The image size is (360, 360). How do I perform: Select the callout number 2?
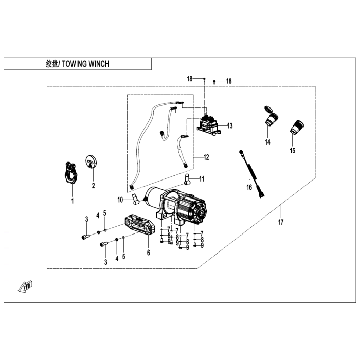(94, 185)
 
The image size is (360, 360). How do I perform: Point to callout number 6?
(148, 253)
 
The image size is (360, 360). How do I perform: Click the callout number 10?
(120, 200)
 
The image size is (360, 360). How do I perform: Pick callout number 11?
(202, 179)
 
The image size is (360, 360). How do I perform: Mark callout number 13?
(230, 125)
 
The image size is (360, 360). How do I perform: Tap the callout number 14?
(267, 142)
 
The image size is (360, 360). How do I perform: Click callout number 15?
(293, 151)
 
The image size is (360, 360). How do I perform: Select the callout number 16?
(249, 187)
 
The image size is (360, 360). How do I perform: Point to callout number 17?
(281, 222)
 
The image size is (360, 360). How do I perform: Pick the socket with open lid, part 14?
(269, 117)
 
